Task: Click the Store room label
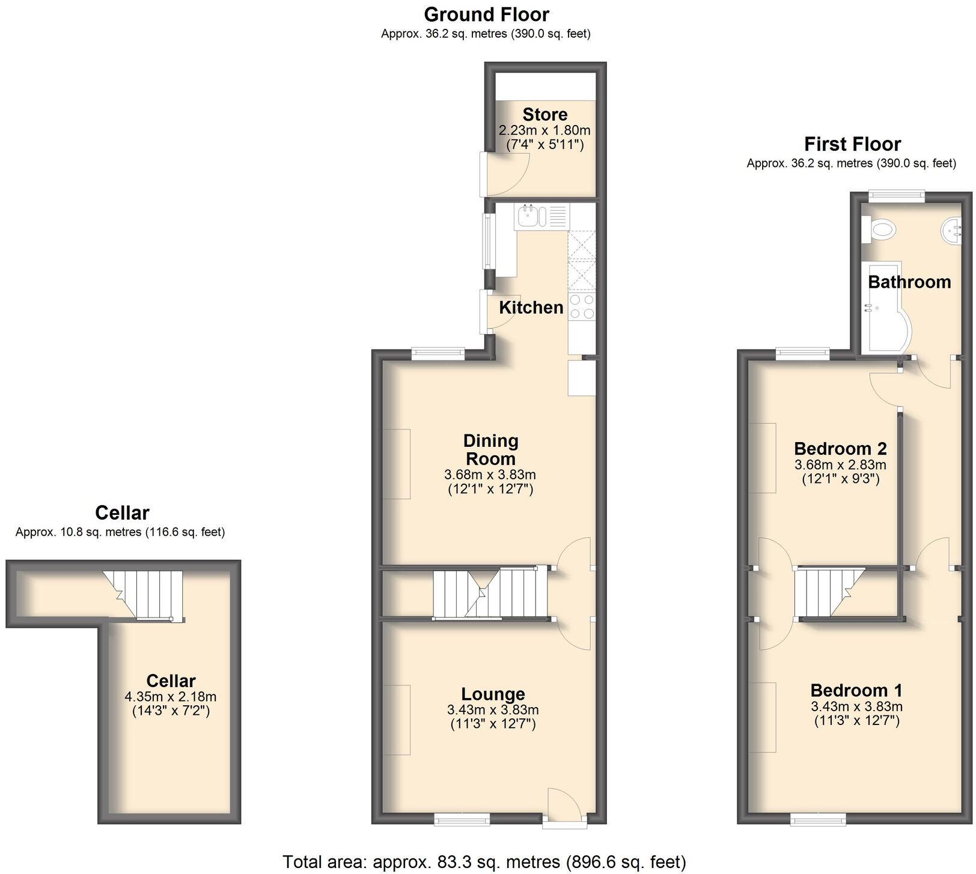coord(544,114)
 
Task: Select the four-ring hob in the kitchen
coord(581,306)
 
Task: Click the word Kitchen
coord(531,308)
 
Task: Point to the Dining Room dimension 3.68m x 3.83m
coord(490,475)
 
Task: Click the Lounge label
coord(493,694)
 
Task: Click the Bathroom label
coord(909,282)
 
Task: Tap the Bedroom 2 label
coord(840,449)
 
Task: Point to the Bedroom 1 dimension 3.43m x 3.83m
coord(856,706)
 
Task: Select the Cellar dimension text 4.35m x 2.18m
coord(170,697)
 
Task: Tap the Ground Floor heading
coord(486,14)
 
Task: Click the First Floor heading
coord(852,144)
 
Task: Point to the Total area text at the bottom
coord(484,862)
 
